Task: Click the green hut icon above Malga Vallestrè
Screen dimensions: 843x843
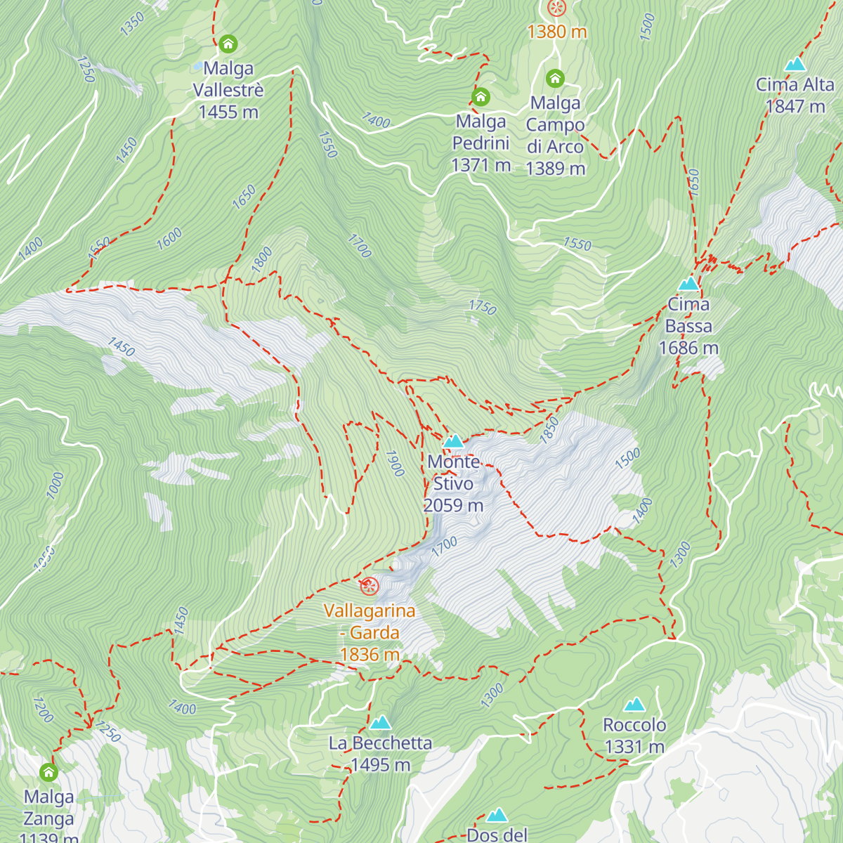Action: point(228,44)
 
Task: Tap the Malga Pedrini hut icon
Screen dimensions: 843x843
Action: point(481,96)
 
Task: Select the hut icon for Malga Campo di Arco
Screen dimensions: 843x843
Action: point(555,77)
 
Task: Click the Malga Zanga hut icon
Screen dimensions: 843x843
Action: point(48,772)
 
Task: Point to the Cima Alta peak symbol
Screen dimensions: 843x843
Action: point(795,65)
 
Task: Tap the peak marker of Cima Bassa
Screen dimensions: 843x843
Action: point(688,284)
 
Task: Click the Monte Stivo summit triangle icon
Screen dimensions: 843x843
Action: point(454,441)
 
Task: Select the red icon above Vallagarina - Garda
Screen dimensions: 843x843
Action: point(370,586)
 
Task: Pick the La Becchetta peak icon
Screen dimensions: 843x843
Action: point(381,722)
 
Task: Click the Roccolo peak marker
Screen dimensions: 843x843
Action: point(635,704)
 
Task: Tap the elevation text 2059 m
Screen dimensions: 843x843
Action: point(453,505)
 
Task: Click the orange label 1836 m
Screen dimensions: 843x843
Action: point(370,655)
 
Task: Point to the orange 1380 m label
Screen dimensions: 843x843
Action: point(557,32)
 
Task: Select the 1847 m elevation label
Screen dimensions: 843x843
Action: point(795,106)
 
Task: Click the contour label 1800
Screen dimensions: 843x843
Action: point(261,259)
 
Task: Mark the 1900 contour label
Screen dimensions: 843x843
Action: point(395,463)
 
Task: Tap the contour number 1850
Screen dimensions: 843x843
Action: point(549,429)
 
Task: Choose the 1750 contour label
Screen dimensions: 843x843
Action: point(482,308)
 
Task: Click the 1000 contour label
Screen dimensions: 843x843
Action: point(55,485)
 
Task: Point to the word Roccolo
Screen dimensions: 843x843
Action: point(635,725)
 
